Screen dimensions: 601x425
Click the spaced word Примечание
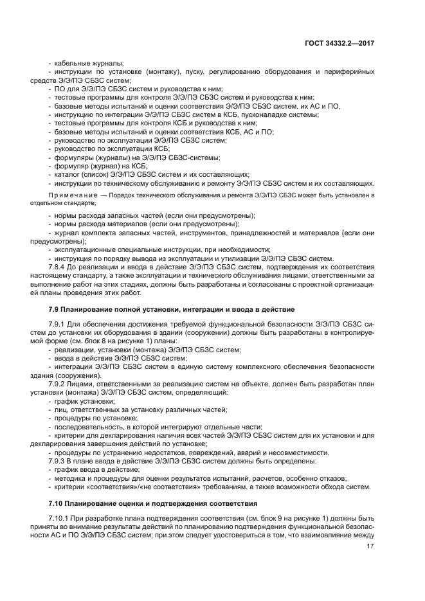pyautogui.click(x=76, y=194)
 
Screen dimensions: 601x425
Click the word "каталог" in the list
pyautogui.click(x=66, y=174)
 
